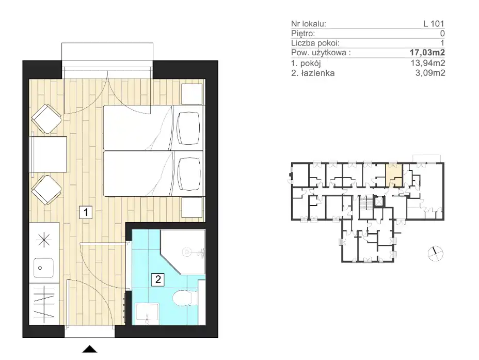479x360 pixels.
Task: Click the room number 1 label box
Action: point(86,212)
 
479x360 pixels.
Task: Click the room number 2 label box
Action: point(158,279)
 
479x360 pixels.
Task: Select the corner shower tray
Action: point(183,252)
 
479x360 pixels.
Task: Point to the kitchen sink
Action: point(43,268)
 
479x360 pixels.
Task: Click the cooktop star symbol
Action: point(44,240)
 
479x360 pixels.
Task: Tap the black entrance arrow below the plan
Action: point(90,349)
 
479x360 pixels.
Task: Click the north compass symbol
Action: point(435,254)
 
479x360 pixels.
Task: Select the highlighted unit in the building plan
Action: point(394,175)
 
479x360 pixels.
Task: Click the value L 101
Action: point(434,24)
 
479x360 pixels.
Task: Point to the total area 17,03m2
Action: point(427,53)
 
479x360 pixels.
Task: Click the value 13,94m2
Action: point(428,63)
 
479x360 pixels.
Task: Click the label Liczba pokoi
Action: point(315,43)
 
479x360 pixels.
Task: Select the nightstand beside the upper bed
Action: point(192,94)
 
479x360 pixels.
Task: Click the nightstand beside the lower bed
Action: point(192,208)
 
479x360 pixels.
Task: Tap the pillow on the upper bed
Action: point(189,128)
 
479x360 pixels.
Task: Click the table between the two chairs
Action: point(48,154)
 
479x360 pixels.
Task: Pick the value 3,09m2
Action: point(430,73)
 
